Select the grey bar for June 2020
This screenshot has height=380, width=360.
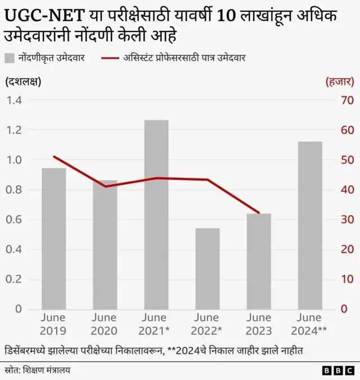pyautogui.click(x=105, y=244)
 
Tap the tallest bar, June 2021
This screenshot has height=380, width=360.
pyautogui.click(x=156, y=214)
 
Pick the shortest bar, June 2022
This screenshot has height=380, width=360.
pyautogui.click(x=207, y=269)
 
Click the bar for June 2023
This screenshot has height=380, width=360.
pyautogui.click(x=258, y=261)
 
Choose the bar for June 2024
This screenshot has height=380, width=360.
pyautogui.click(x=309, y=225)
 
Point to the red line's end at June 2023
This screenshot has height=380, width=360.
pyautogui.click(x=259, y=213)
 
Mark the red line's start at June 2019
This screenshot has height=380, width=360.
pyautogui.click(x=53, y=156)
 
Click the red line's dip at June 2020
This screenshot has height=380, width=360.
pyautogui.click(x=105, y=186)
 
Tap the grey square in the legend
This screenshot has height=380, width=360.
pyautogui.click(x=10, y=57)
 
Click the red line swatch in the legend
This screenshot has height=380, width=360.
pyautogui.click(x=110, y=57)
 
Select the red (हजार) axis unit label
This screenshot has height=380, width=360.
pyautogui.click(x=339, y=82)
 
